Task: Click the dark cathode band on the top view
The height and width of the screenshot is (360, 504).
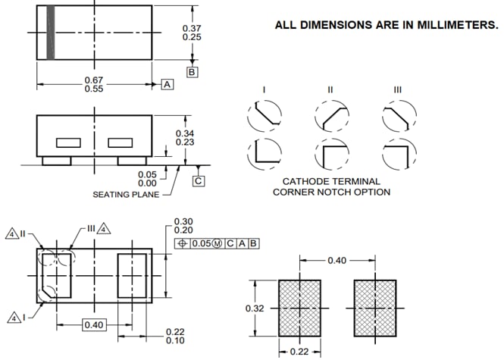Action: (52, 33)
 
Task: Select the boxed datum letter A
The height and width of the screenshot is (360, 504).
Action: (167, 84)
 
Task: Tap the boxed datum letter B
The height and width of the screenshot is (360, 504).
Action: (193, 72)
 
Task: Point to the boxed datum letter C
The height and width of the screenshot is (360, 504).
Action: (199, 180)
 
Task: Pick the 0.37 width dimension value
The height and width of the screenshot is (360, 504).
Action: (193, 28)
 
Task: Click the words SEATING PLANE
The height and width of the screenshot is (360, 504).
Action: (127, 195)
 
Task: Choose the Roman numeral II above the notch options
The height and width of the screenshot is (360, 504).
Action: (330, 89)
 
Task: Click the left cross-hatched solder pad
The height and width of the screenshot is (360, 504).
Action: (300, 308)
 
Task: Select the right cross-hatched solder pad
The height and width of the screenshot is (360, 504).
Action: (375, 308)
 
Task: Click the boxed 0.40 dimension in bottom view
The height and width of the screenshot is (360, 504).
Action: (94, 325)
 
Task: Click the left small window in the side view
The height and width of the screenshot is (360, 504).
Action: (68, 142)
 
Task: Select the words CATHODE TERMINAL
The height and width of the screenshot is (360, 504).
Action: (331, 181)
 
